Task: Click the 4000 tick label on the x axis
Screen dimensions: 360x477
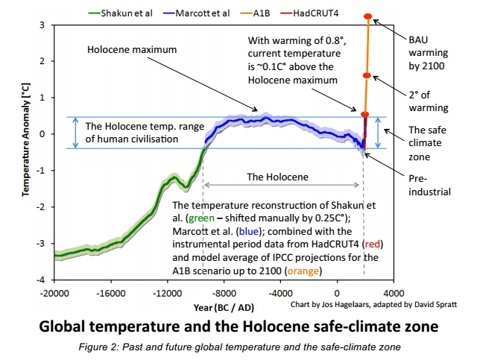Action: pos(394,292)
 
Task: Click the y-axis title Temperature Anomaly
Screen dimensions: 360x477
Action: pos(26,151)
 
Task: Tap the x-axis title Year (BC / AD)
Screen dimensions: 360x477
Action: pos(224,306)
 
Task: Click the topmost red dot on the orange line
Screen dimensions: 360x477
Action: pos(368,16)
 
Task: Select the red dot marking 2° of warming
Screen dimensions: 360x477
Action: pos(366,76)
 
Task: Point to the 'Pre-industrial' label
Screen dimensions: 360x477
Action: pos(429,185)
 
